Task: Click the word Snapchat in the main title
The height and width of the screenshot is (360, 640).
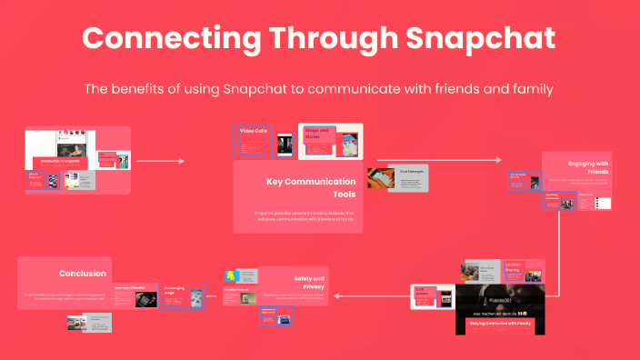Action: coord(478,39)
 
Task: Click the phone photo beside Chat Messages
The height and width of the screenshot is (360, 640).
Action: coord(379,180)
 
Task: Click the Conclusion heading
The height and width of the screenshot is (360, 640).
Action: coord(83,273)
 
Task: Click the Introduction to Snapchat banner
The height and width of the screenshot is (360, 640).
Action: coord(59,161)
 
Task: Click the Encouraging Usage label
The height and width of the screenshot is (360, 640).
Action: coord(174,291)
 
